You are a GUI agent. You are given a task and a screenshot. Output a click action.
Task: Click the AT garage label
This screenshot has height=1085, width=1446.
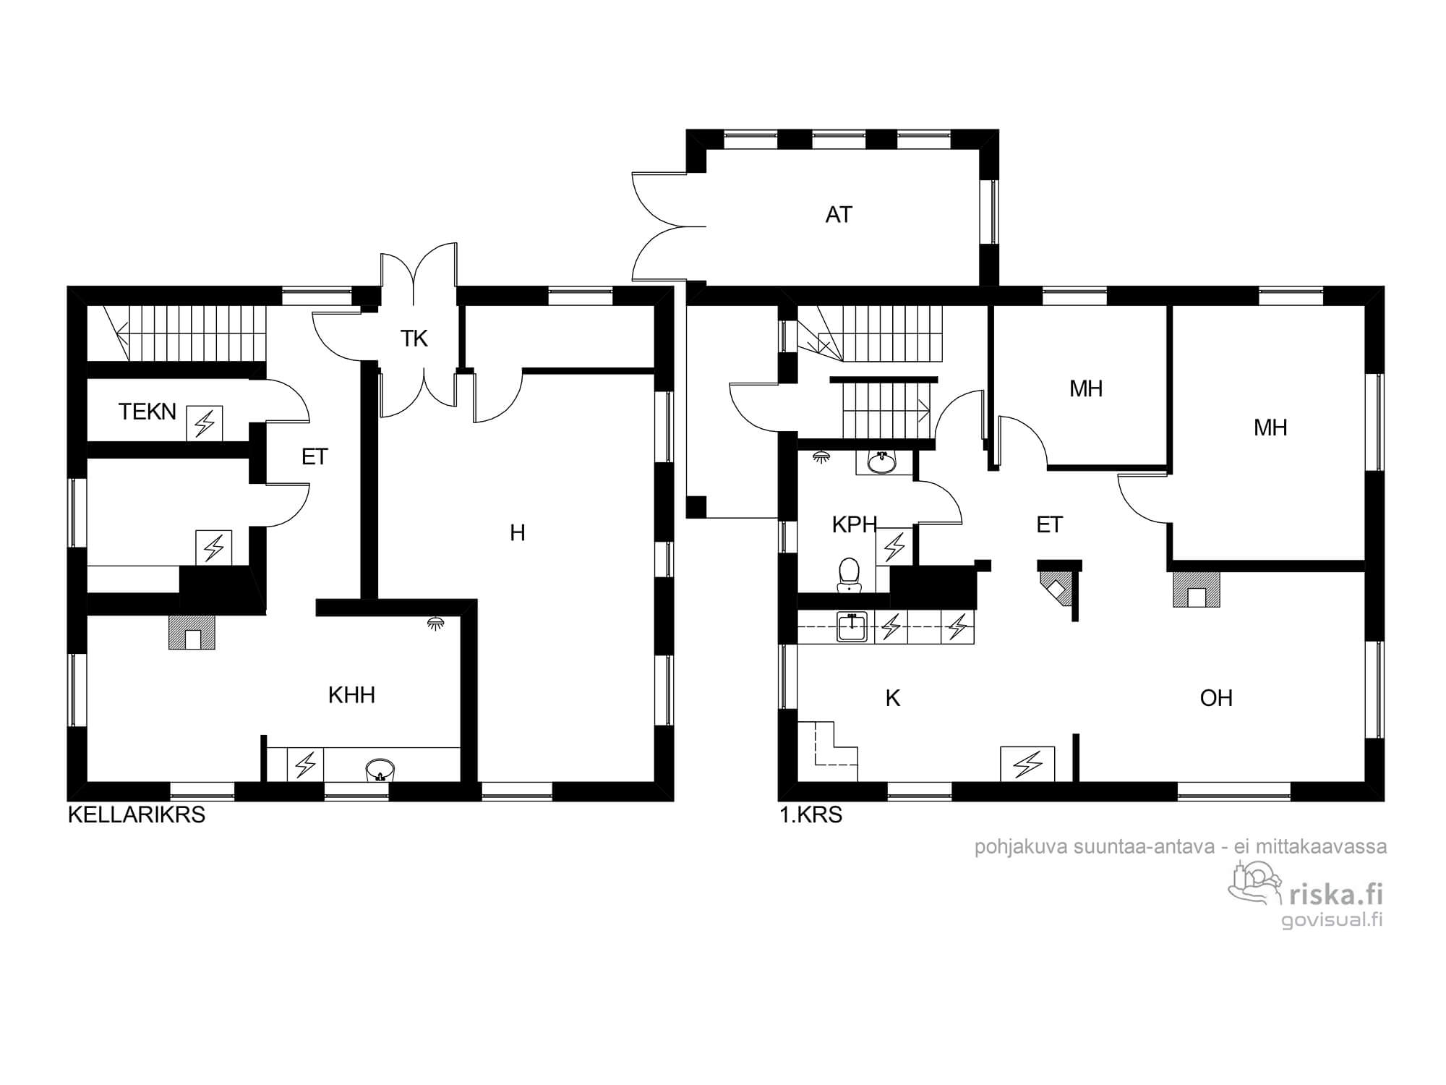click(x=839, y=215)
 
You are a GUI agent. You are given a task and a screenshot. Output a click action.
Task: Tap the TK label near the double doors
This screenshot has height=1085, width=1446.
click(x=414, y=339)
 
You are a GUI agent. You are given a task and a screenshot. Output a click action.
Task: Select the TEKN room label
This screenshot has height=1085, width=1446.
click(x=147, y=412)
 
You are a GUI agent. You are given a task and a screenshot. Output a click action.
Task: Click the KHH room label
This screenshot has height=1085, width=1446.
click(x=351, y=695)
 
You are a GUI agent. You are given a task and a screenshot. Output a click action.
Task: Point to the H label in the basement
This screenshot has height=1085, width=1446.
click(x=518, y=533)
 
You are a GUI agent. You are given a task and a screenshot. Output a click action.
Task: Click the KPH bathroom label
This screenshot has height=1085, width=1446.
click(x=855, y=524)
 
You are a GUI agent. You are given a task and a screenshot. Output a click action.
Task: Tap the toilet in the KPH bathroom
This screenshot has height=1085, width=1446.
click(x=848, y=576)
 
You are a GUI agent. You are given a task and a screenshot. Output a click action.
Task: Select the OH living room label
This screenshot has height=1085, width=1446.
click(x=1216, y=698)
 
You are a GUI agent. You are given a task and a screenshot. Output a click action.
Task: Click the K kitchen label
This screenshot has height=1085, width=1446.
click(x=893, y=698)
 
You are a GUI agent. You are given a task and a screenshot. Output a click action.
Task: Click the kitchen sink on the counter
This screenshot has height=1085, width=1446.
click(x=853, y=626)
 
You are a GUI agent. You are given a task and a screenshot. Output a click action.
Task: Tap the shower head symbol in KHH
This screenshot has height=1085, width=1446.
click(x=436, y=622)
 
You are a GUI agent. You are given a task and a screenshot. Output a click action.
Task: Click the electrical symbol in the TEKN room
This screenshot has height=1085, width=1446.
click(x=205, y=423)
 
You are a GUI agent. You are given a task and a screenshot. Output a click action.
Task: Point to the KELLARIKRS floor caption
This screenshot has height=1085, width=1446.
click(x=137, y=815)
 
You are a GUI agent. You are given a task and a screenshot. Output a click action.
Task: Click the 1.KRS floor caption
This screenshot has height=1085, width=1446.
click(x=811, y=815)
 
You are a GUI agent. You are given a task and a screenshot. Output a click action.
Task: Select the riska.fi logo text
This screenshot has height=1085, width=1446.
click(x=1337, y=895)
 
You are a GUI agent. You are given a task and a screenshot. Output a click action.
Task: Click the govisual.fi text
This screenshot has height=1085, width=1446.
click(x=1332, y=920)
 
